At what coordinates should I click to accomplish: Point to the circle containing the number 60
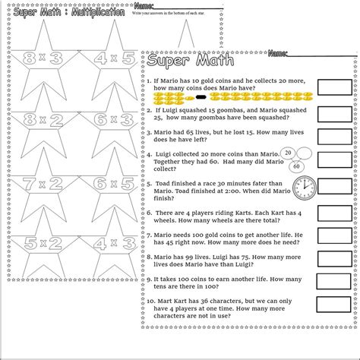point(297,166)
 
